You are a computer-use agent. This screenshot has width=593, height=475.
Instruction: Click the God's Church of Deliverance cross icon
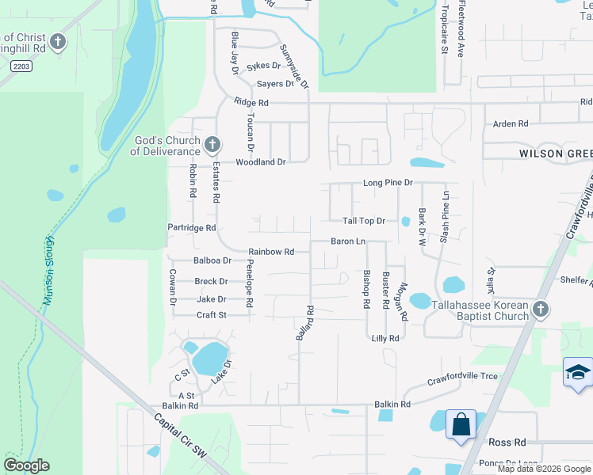click(x=212, y=145)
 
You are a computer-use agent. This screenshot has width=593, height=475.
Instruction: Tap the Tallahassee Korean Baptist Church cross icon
click(x=541, y=310)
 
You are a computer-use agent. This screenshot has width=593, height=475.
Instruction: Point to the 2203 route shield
click(x=21, y=67)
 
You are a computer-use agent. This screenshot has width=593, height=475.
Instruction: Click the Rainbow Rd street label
click(x=271, y=252)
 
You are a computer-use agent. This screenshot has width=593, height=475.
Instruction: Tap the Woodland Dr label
click(x=259, y=161)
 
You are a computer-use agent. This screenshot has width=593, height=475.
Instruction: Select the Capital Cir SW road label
click(x=179, y=437)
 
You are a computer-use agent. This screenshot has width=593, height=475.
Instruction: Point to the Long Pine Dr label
click(x=388, y=183)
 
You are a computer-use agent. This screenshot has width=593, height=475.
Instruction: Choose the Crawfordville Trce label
click(x=462, y=376)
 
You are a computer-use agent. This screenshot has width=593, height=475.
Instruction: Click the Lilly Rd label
click(x=385, y=338)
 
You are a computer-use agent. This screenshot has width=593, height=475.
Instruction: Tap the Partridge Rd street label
click(x=192, y=228)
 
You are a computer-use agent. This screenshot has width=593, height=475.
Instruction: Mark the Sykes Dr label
click(x=264, y=66)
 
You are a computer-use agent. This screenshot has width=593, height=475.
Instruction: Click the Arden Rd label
click(x=511, y=124)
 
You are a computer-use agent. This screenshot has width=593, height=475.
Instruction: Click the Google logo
click(x=26, y=465)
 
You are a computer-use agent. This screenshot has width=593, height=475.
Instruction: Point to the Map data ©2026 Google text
click(x=543, y=469)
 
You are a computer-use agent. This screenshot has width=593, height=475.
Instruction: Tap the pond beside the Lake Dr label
click(x=210, y=359)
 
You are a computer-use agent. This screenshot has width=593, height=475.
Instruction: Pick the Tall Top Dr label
click(x=363, y=221)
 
